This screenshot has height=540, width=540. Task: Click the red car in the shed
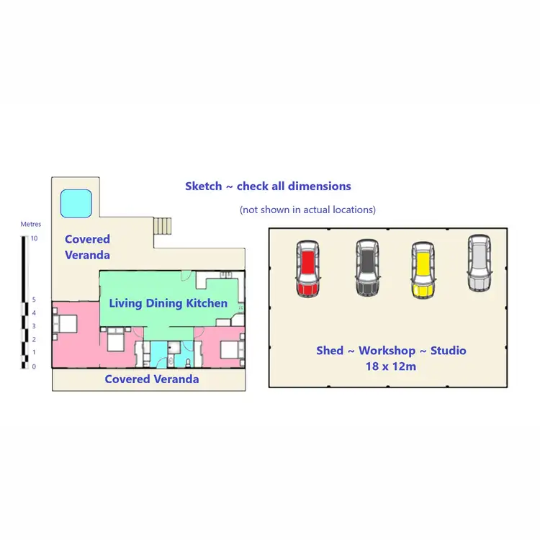(x=307, y=267)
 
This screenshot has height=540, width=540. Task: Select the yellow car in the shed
(x=423, y=270)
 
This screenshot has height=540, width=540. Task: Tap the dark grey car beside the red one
(x=367, y=267)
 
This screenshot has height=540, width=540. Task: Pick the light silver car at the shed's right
(x=480, y=263)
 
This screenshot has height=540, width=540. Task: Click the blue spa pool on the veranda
(x=75, y=203)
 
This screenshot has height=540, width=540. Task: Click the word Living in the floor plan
(x=125, y=303)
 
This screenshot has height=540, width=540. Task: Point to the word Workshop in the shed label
(x=387, y=351)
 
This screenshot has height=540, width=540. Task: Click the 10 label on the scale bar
(x=34, y=238)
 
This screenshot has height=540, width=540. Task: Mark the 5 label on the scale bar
(x=34, y=300)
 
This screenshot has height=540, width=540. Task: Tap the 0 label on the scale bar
(x=34, y=366)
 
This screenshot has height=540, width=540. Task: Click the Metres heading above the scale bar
(x=31, y=225)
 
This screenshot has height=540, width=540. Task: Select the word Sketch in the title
(x=203, y=186)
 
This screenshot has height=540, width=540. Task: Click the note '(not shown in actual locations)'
(x=307, y=210)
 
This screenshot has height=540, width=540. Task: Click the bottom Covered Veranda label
(x=152, y=379)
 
